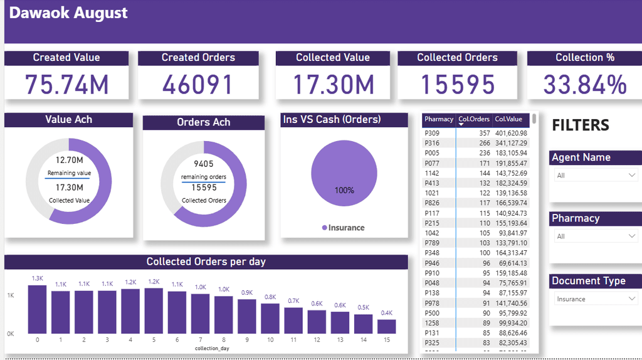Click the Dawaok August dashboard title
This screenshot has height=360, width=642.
(x=69, y=13)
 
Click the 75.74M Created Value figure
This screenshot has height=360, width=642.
(x=66, y=85)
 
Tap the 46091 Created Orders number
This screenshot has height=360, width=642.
(x=197, y=85)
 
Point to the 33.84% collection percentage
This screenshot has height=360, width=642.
(x=584, y=85)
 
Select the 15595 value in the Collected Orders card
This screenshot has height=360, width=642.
(x=457, y=85)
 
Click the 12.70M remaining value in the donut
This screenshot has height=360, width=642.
(x=69, y=160)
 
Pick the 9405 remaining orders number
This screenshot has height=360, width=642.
(x=204, y=164)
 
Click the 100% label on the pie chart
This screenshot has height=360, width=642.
(x=344, y=190)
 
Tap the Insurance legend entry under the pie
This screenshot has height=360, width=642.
(x=343, y=228)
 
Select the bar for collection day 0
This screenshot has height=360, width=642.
(x=38, y=310)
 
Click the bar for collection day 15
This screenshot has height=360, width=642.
(x=387, y=327)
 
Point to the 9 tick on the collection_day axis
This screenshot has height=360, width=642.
(x=247, y=340)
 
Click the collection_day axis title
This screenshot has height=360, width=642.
(x=212, y=348)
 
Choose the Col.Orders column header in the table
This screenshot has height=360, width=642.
(x=473, y=119)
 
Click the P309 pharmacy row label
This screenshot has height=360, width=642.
(x=432, y=133)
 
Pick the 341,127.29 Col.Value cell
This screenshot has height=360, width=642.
(x=510, y=143)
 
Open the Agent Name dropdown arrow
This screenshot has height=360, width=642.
(x=632, y=176)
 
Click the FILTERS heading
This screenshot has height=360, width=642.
(x=581, y=125)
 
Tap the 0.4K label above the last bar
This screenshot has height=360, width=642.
(x=387, y=313)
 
